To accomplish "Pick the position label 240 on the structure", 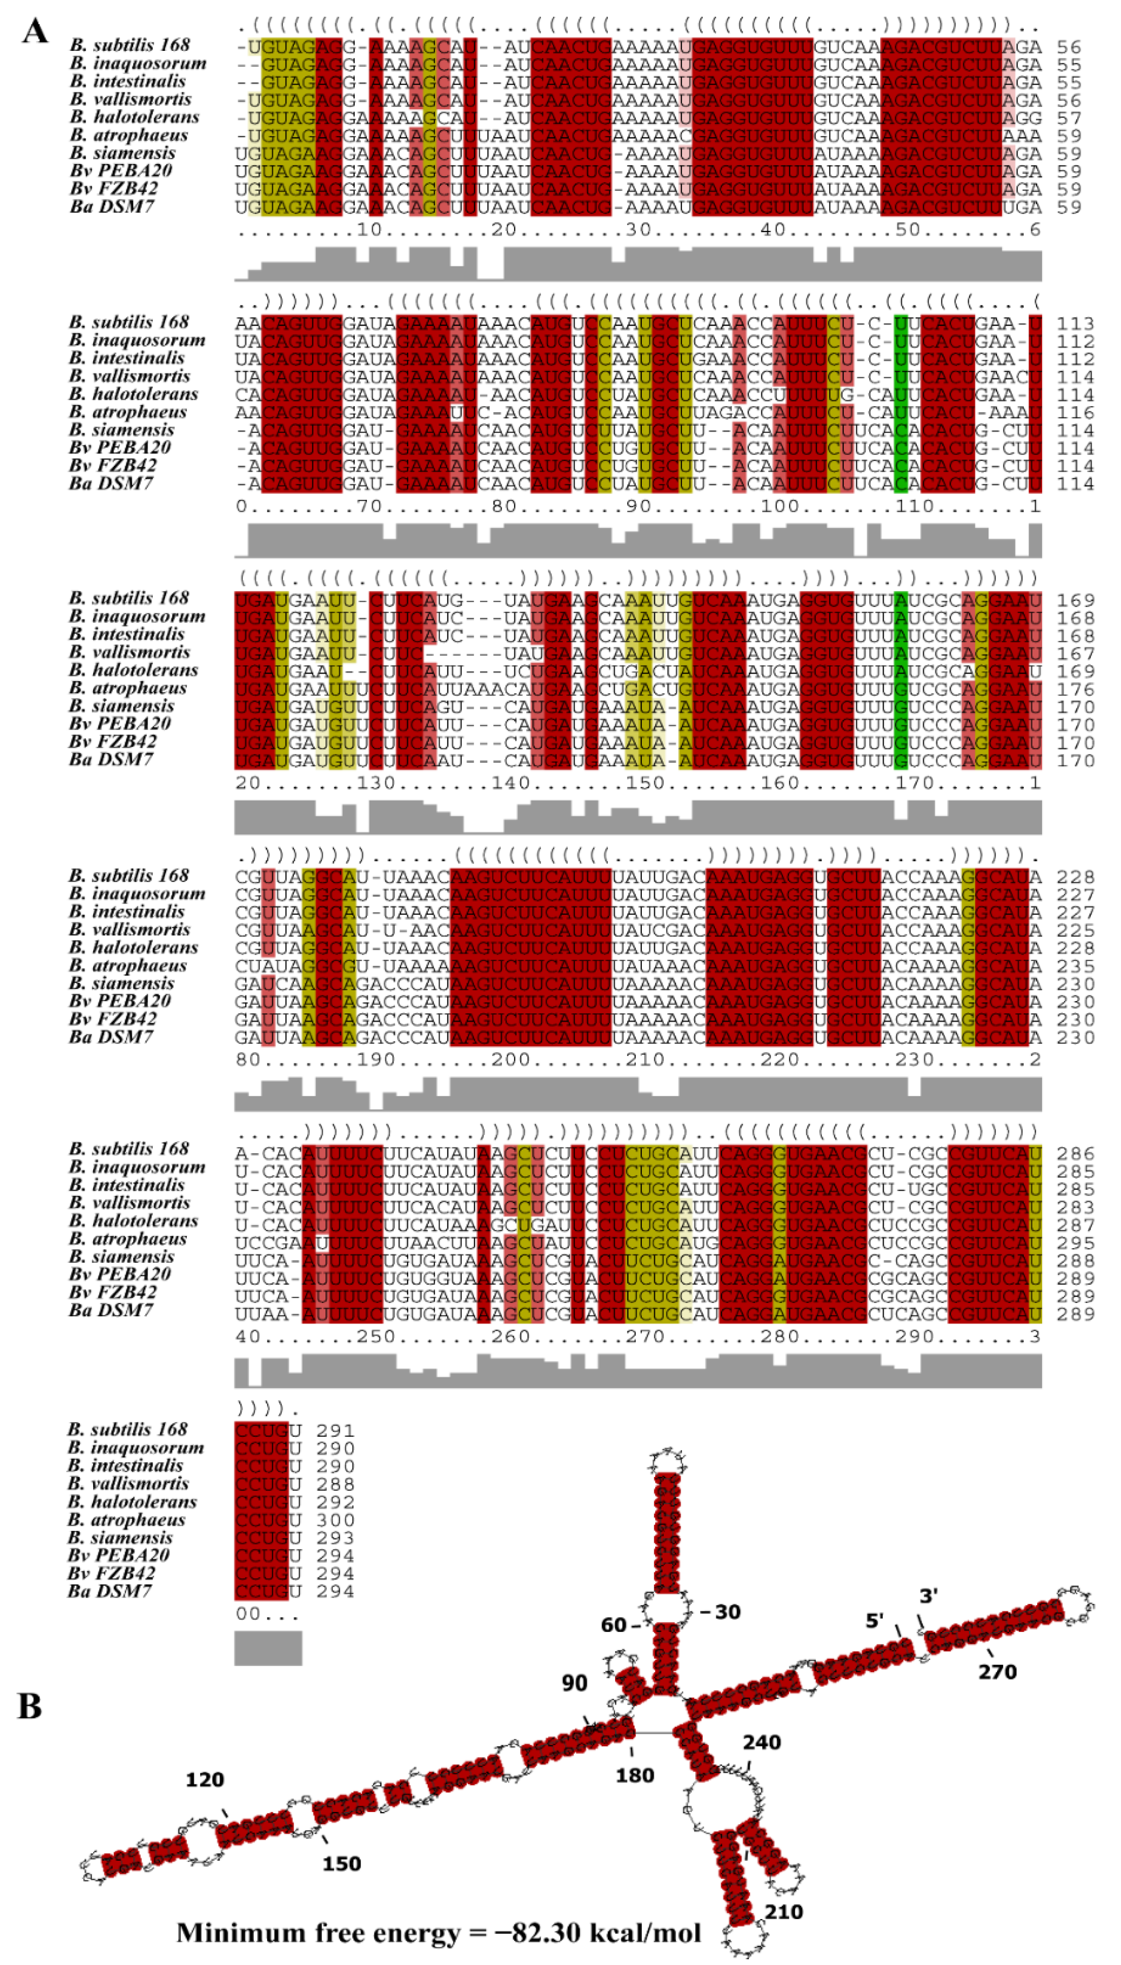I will [761, 1743].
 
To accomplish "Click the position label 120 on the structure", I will [205, 1780].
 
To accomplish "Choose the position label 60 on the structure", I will [614, 1625].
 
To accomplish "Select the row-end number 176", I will [1075, 688].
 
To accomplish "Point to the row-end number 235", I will [1075, 966].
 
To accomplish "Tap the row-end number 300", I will [336, 1520].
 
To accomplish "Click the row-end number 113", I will [1075, 323].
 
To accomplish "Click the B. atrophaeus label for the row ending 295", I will [128, 1239].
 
